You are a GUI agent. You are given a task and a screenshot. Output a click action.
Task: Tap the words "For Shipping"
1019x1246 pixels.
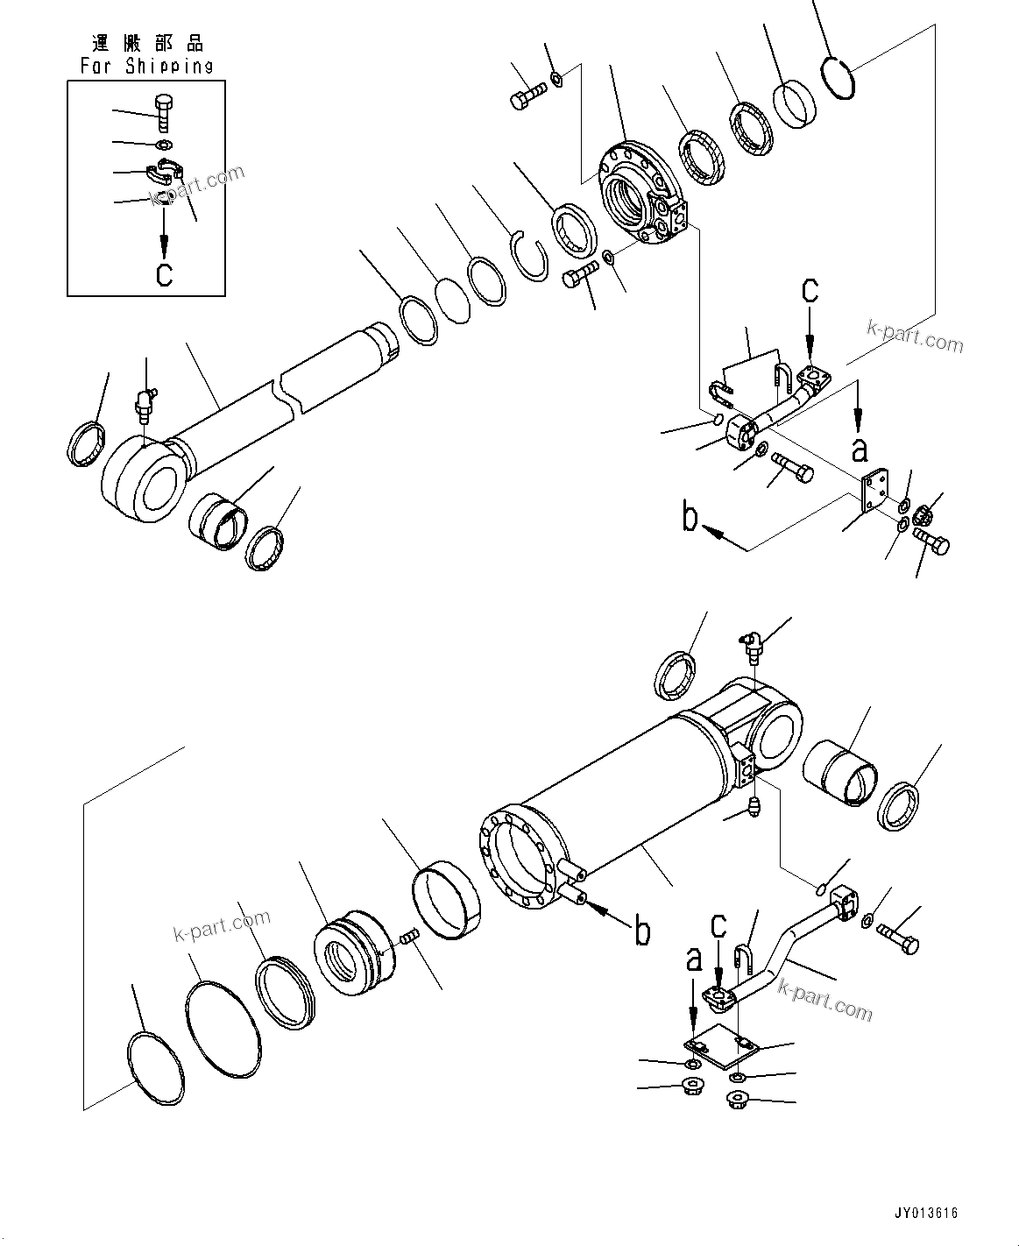click(x=147, y=66)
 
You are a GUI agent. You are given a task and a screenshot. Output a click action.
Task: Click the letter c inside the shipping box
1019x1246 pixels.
click(x=164, y=274)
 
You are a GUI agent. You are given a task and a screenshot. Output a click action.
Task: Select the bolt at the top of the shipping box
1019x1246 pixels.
click(x=165, y=112)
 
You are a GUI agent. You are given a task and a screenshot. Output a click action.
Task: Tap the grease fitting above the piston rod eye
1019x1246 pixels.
click(x=145, y=403)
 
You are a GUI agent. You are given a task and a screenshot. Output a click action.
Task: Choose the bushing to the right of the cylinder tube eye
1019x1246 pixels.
click(x=839, y=772)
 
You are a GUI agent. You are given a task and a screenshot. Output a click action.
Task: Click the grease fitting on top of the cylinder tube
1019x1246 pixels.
click(x=750, y=646)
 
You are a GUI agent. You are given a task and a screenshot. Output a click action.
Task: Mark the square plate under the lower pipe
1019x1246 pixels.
click(x=718, y=1046)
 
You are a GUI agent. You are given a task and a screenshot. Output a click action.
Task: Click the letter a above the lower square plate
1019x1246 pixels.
click(x=693, y=961)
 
